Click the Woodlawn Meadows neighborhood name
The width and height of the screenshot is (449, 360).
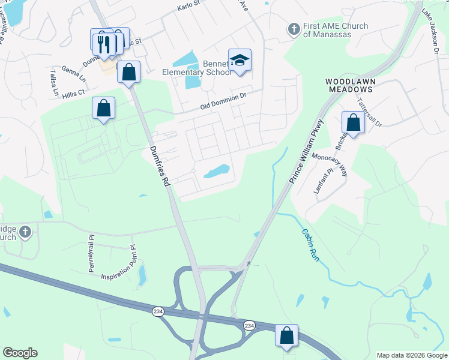point(349,85)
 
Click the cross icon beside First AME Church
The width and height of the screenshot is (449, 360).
point(294,29)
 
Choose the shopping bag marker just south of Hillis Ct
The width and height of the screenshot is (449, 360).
point(104,109)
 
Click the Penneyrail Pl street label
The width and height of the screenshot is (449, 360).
point(92,254)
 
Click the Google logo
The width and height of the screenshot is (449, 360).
point(20,353)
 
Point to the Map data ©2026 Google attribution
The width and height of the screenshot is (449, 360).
point(411,355)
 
